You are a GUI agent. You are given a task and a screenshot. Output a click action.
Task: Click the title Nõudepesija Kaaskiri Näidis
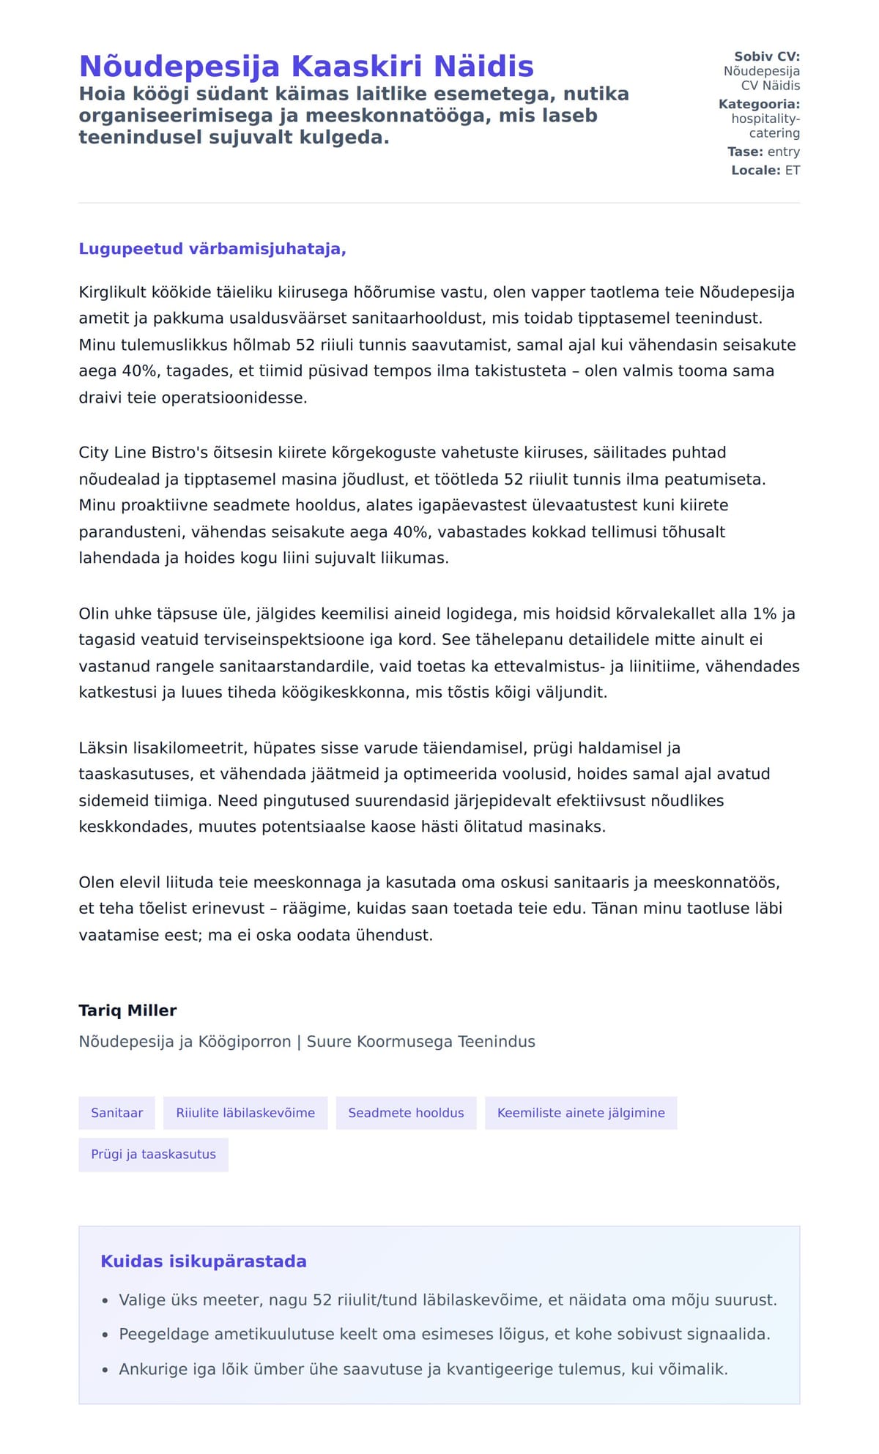(x=306, y=66)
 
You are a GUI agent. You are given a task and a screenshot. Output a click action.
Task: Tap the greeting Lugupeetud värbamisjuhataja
(x=212, y=249)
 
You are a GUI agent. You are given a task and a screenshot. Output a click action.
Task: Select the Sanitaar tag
(x=116, y=1113)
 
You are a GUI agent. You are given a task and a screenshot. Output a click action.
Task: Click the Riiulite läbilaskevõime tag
(x=245, y=1113)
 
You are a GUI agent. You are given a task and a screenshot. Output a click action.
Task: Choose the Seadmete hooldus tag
(x=406, y=1113)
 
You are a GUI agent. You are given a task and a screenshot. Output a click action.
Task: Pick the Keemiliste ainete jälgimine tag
(x=581, y=1113)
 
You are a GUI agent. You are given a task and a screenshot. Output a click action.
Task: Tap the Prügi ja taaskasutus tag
(x=153, y=1155)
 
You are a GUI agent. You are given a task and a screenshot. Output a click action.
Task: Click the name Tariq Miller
(x=127, y=1010)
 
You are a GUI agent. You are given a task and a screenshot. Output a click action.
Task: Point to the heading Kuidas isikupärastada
(x=204, y=1261)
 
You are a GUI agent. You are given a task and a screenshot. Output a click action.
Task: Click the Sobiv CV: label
(x=767, y=56)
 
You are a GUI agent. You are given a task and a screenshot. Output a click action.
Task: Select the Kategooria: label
(x=759, y=104)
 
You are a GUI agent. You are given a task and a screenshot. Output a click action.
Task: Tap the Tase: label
(x=746, y=152)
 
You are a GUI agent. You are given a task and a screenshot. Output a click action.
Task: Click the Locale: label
(x=756, y=171)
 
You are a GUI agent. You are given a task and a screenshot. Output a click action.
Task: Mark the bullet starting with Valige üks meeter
(x=448, y=1300)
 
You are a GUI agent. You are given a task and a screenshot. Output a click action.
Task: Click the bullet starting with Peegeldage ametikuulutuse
(x=445, y=1335)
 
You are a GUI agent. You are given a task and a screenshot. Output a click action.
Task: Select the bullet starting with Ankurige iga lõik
(x=423, y=1369)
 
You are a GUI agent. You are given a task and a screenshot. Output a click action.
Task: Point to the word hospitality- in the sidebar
(x=765, y=119)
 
